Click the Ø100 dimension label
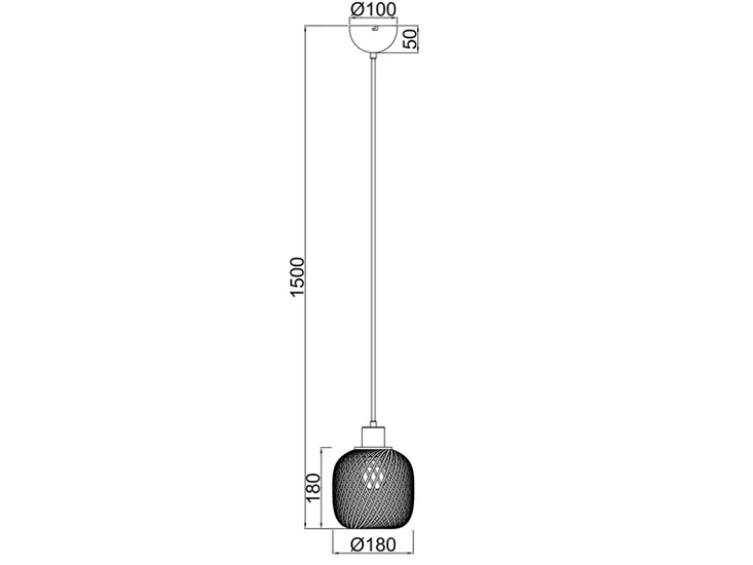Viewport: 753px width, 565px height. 374,9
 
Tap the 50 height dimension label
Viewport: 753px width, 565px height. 411,39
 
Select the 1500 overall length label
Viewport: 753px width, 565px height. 297,277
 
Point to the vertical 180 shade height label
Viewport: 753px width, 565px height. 313,488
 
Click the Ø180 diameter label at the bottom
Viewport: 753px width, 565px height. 374,545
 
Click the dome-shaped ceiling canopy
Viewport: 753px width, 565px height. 374,40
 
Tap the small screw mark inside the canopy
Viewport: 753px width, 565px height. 376,28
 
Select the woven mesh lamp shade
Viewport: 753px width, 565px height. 374,487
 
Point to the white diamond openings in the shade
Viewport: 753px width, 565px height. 374,473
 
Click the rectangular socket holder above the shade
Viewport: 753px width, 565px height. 374,437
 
